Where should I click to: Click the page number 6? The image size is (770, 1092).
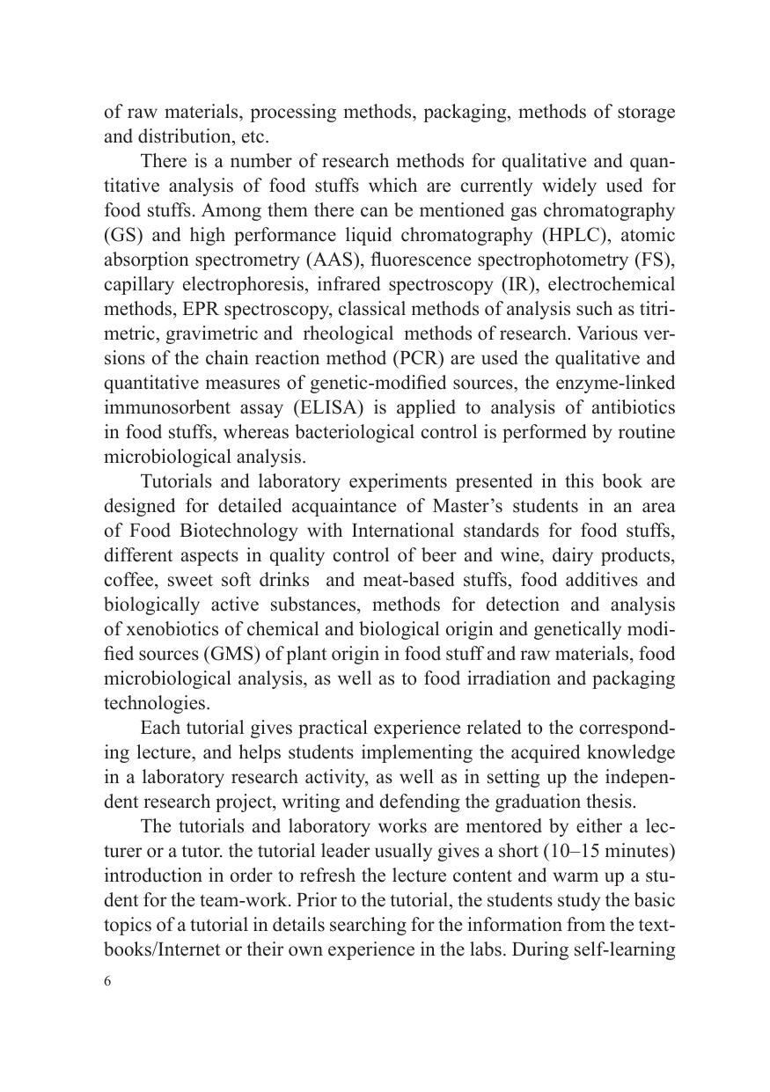[107, 983]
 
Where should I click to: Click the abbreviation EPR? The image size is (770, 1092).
[189, 310]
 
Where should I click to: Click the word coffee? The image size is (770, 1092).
[127, 581]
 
